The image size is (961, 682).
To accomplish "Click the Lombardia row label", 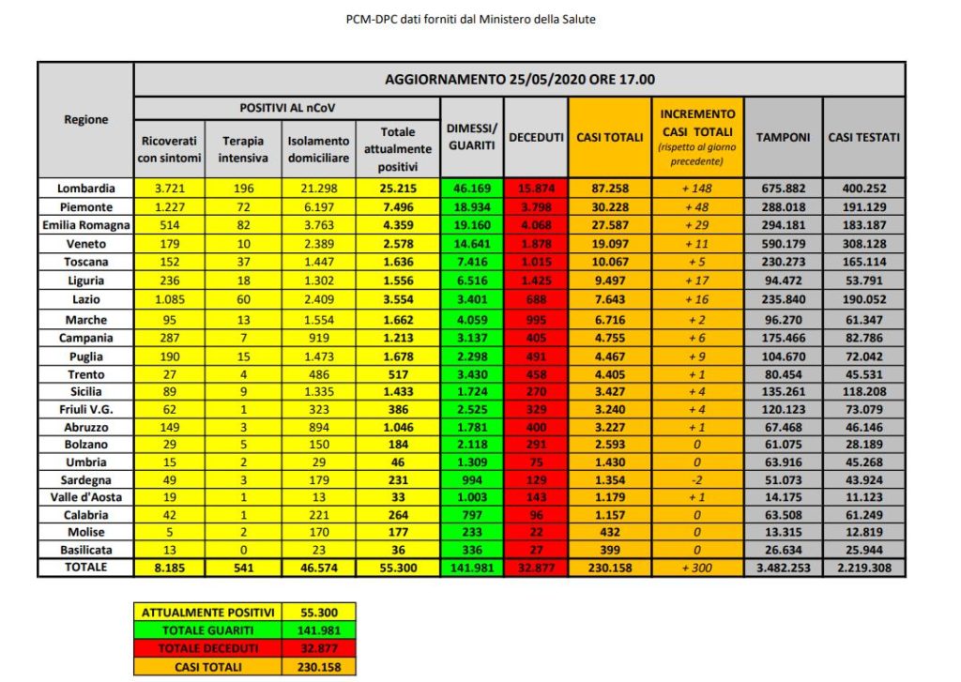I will [85, 188].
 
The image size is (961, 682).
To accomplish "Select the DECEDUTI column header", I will [536, 137].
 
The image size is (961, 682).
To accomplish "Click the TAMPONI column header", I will [784, 137].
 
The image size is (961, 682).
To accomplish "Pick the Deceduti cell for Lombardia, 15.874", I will [536, 188].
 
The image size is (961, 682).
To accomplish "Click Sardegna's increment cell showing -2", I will [696, 477].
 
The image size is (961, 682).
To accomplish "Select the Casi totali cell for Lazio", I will [609, 299].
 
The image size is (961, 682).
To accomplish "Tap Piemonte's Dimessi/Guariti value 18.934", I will [472, 206].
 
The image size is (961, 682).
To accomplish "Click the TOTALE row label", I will [85, 568].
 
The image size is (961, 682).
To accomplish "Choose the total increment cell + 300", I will [696, 568].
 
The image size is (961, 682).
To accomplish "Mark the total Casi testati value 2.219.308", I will [864, 568].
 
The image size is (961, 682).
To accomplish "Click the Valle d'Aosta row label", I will [85, 496].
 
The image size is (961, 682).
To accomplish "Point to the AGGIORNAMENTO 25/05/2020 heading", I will [520, 79].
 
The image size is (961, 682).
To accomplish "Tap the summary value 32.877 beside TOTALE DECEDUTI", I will [321, 649].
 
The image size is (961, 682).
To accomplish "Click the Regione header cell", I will [85, 119].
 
